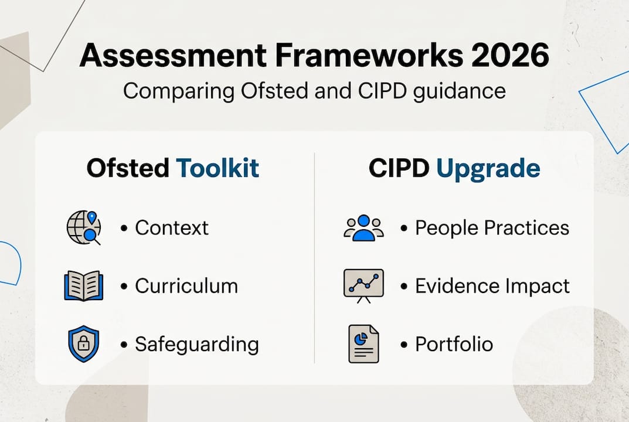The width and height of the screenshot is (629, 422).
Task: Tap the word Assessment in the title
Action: tap(173, 55)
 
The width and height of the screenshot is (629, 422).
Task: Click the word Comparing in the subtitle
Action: tap(179, 91)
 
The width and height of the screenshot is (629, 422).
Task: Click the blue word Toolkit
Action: tap(217, 168)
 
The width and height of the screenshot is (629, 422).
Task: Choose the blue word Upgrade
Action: tap(488, 169)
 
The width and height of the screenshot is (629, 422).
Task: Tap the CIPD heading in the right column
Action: tap(399, 168)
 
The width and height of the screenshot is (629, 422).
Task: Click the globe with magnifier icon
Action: tap(84, 227)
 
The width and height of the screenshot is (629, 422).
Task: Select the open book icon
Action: tap(83, 285)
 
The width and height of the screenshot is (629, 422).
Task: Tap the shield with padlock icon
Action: tap(83, 344)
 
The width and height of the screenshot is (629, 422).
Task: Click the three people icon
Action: tap(363, 228)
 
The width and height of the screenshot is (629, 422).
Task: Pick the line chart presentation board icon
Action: tap(363, 286)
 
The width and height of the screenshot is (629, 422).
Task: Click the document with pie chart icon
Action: tap(363, 344)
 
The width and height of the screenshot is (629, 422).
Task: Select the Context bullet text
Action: tap(172, 228)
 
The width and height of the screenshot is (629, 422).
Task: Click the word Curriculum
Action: tap(186, 286)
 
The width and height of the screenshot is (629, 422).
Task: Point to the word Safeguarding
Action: tap(197, 345)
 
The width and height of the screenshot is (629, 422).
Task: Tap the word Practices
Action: tap(527, 228)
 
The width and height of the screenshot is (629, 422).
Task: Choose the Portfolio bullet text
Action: tap(454, 344)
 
